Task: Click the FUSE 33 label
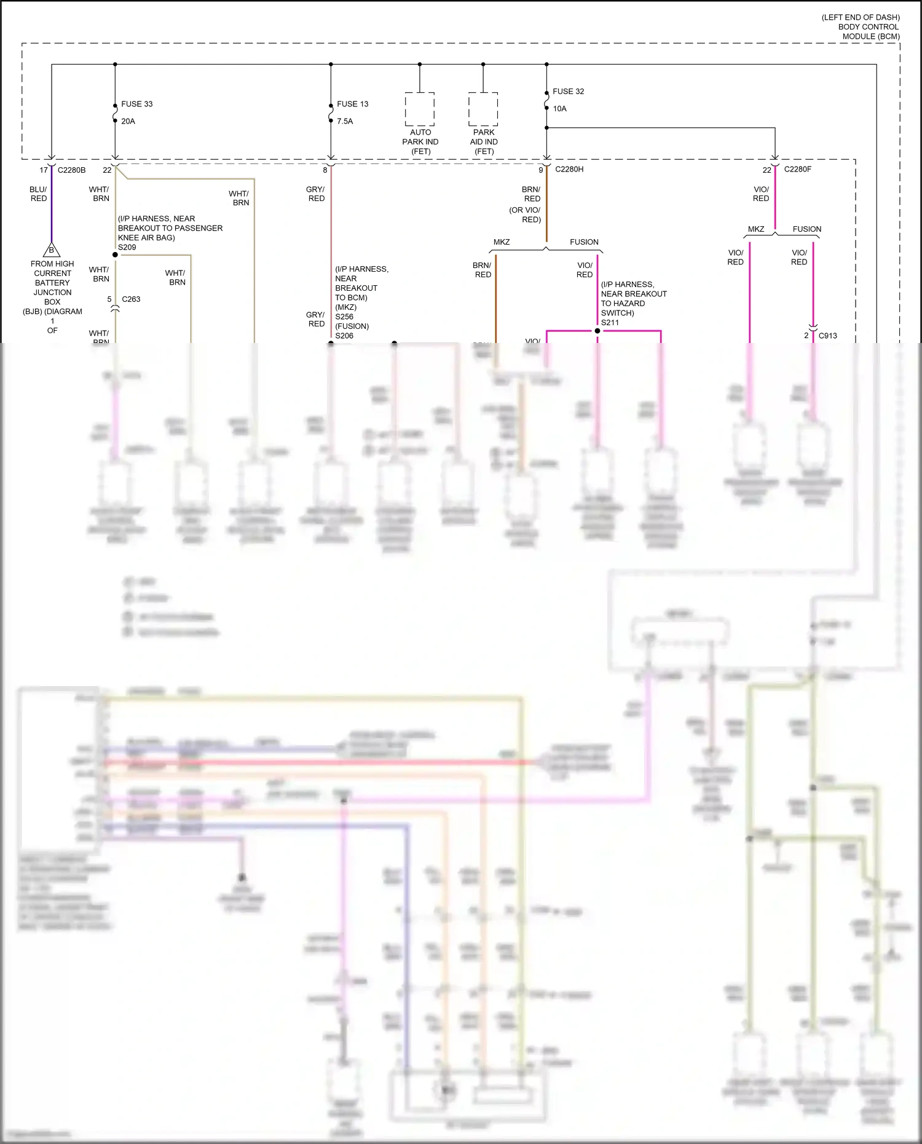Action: [136, 104]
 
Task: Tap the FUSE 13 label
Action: [352, 104]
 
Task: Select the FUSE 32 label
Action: [568, 91]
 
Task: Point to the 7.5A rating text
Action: [345, 121]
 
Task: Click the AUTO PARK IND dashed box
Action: [420, 109]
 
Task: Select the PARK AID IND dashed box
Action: [483, 109]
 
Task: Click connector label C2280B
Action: [71, 170]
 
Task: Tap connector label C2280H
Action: [569, 169]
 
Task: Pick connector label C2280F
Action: [797, 169]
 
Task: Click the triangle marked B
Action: [52, 250]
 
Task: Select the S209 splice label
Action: [127, 247]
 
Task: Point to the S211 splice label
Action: [610, 322]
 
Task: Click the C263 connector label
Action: [131, 299]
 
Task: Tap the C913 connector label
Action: [827, 336]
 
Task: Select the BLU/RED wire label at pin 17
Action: [38, 194]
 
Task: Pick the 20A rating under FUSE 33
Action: [128, 121]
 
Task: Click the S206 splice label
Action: [344, 336]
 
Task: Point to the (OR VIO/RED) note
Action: [525, 215]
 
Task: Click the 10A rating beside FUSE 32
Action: [559, 109]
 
